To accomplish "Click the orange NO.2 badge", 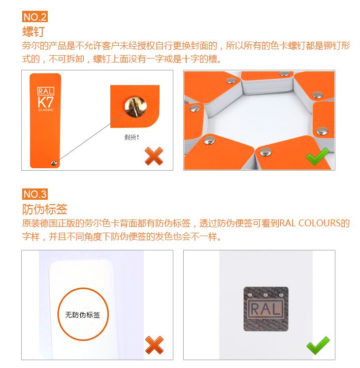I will pos(35,17).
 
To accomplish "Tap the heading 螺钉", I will pos(34,32).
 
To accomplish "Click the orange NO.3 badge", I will pos(35,193).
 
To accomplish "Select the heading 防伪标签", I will pos(45,209).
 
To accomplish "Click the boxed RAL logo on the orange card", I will pos(45,91).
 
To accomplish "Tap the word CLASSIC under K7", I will pos(45,110).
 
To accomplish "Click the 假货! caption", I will pos(131,137).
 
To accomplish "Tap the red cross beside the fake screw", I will pos(154,156).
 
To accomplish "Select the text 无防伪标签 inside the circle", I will pos(82,314).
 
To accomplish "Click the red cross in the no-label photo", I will pos(154,345).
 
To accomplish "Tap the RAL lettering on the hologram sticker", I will pos(266,309).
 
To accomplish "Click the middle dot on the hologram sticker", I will pos(266,295).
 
